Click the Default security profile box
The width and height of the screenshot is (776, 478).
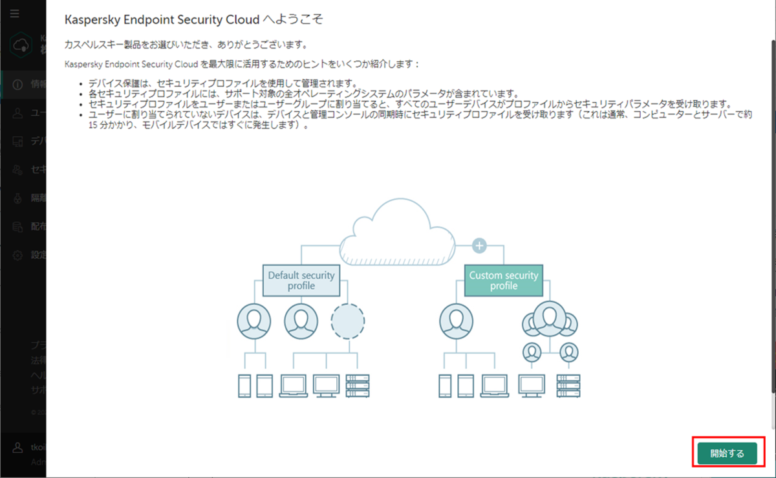301,280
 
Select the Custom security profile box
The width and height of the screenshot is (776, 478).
503,280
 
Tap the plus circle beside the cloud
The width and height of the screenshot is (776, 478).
479,245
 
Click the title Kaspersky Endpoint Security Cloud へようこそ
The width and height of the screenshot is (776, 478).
194,19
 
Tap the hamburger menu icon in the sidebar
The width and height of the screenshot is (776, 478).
15,14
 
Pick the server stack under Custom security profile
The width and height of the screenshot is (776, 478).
568,386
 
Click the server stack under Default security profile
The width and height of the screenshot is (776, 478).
358,386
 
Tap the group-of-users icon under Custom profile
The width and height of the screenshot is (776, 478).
550,320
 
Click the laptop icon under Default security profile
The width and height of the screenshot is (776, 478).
294,386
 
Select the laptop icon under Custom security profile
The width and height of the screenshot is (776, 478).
495,386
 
